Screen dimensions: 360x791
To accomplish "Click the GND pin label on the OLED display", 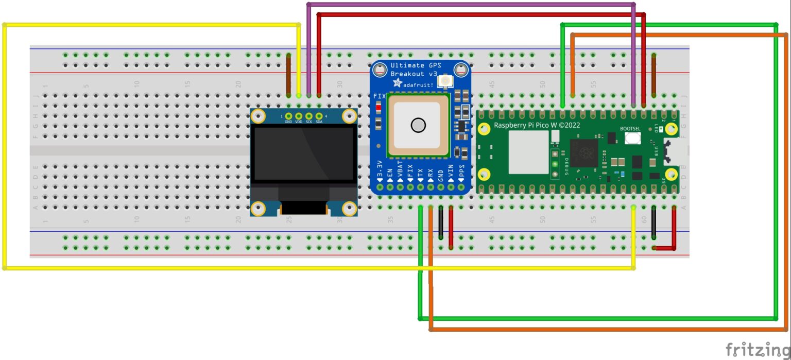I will pos(288,122).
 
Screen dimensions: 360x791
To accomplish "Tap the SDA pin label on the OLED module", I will pos(319,122).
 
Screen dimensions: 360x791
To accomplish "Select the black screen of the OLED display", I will pos(303,153).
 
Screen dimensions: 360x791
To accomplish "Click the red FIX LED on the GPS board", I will pos(379,107).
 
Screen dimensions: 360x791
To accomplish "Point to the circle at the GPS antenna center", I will pos(418,125).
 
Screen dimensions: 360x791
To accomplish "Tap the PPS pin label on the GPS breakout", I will pos(461,172).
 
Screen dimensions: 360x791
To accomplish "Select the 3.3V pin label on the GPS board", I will pos(380,170).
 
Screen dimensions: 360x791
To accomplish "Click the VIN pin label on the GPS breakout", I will pos(451,172).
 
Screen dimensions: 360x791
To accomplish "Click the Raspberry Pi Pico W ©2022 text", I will pos(537,126).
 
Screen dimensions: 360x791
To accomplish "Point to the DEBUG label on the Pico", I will pos(565,166).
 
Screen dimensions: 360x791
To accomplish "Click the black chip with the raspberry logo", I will pos(583,153).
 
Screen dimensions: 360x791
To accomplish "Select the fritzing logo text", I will pos(757,349).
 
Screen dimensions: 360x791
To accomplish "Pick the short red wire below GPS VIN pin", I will pos(451,227).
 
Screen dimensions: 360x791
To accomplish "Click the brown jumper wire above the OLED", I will pos(288,75).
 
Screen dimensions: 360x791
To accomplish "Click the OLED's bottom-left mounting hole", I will pos(258,208).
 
